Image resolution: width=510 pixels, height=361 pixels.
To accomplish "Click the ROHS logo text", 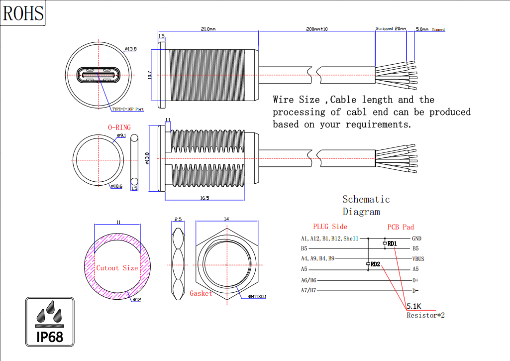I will click(x=23, y=13).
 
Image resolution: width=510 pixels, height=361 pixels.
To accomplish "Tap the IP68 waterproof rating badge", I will click(x=50, y=322).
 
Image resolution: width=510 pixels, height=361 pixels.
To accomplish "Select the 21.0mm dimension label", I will click(x=208, y=29).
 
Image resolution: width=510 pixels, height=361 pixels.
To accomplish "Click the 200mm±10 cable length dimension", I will click(x=316, y=29).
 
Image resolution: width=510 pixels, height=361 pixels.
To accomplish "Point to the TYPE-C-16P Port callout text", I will click(x=127, y=109).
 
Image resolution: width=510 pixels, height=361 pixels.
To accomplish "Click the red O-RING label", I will click(x=119, y=127).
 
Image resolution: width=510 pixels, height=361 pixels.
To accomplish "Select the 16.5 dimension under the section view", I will click(x=204, y=198).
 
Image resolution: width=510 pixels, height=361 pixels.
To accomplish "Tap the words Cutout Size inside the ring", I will click(x=117, y=268).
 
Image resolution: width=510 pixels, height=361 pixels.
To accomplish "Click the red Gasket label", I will click(x=201, y=293).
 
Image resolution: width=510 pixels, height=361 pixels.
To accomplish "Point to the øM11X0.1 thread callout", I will click(x=257, y=297).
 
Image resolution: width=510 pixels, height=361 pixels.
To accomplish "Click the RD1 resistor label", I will click(x=392, y=244).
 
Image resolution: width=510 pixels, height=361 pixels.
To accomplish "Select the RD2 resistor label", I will click(x=376, y=264).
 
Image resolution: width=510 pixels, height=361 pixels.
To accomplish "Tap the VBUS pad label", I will click(x=418, y=259).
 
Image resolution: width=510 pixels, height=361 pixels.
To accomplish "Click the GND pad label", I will click(x=417, y=239).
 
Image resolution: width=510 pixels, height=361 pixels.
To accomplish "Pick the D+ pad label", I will click(x=415, y=280).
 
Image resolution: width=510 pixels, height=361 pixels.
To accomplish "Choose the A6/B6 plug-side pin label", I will click(x=308, y=280).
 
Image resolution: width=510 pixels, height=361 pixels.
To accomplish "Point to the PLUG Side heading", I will click(x=330, y=227).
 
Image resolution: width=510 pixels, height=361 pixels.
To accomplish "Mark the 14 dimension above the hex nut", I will click(x=226, y=219).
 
